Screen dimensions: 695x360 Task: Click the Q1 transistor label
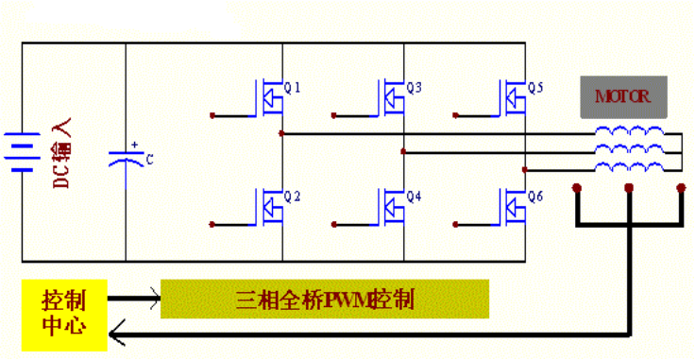click(x=292, y=88)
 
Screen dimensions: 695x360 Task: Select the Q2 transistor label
click(x=292, y=197)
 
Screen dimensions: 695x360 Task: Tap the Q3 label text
click(x=414, y=88)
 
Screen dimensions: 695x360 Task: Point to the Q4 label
click(x=414, y=197)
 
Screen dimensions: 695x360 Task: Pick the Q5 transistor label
click(x=535, y=88)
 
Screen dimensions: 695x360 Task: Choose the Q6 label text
click(x=535, y=197)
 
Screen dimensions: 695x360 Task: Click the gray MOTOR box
click(x=623, y=96)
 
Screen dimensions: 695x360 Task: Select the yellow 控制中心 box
click(x=64, y=315)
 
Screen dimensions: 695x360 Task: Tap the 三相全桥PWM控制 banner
click(x=325, y=299)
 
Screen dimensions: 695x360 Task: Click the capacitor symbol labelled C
click(x=127, y=159)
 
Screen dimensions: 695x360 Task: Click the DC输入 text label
click(x=61, y=153)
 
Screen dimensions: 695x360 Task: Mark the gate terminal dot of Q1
click(x=212, y=115)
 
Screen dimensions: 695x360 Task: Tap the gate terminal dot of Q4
click(x=333, y=225)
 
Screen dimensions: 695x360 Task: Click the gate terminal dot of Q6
click(x=455, y=225)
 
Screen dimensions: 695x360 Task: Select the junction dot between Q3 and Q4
click(x=403, y=151)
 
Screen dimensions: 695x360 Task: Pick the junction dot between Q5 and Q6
click(x=525, y=170)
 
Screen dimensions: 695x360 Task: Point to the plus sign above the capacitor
click(x=135, y=145)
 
